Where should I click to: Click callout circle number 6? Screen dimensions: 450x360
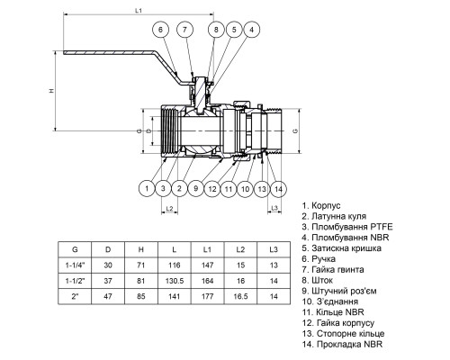[x=160, y=30]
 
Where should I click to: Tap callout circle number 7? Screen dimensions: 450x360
[x=184, y=30]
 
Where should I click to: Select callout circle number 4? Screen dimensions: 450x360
[x=251, y=30]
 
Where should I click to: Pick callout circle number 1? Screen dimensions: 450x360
[x=147, y=189]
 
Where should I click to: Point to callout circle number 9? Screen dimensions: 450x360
[x=196, y=189]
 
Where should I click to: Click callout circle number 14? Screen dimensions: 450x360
[x=279, y=189]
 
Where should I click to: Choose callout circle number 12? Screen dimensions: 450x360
[x=212, y=189]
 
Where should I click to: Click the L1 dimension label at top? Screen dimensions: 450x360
[x=139, y=11]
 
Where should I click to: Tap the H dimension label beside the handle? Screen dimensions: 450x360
[x=51, y=90]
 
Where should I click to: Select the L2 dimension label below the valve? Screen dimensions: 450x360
[x=169, y=208]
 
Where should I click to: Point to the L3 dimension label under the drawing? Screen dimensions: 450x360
[x=274, y=208]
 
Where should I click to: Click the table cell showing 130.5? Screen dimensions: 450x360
[x=175, y=281]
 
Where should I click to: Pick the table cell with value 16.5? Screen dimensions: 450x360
[x=240, y=296]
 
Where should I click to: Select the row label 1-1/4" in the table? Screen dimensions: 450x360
[x=75, y=265]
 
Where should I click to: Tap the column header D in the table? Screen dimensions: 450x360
[x=108, y=249]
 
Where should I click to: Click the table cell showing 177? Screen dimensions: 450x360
[x=207, y=296]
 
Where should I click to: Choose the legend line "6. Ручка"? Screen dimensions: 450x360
[x=319, y=259]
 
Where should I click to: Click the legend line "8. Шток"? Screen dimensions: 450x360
[x=318, y=280]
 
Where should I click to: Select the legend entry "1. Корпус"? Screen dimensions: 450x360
[x=321, y=206]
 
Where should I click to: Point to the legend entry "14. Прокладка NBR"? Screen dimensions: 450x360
[x=342, y=344]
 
